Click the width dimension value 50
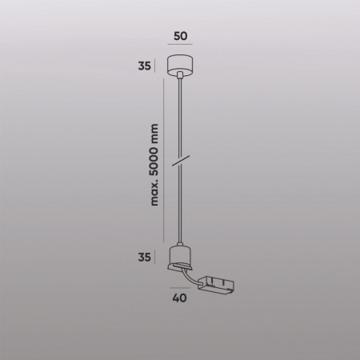pos(180,36)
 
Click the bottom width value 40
pos(180,302)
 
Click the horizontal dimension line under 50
pos(180,49)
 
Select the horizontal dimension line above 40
pos(181,290)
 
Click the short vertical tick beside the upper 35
pos(157,65)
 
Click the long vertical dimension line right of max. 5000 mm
pos(164,160)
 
